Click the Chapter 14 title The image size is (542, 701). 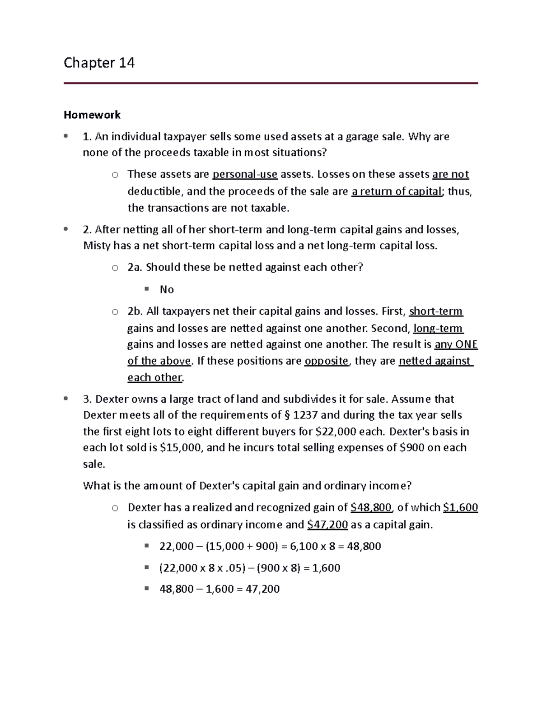pyautogui.click(x=99, y=62)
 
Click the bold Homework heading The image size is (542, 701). pyautogui.click(x=92, y=115)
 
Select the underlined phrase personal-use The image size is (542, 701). pyautogui.click(x=245, y=174)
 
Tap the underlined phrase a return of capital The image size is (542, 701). pyautogui.click(x=396, y=191)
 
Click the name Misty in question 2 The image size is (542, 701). pyautogui.click(x=97, y=246)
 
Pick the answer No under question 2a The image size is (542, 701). pyautogui.click(x=167, y=290)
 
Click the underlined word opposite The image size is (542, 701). pyautogui.click(x=327, y=361)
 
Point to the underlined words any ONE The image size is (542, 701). pyautogui.click(x=456, y=344)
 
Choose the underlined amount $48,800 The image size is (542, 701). pyautogui.click(x=371, y=507)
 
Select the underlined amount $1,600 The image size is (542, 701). pyautogui.click(x=460, y=507)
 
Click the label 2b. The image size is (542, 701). pyautogui.click(x=135, y=311)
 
